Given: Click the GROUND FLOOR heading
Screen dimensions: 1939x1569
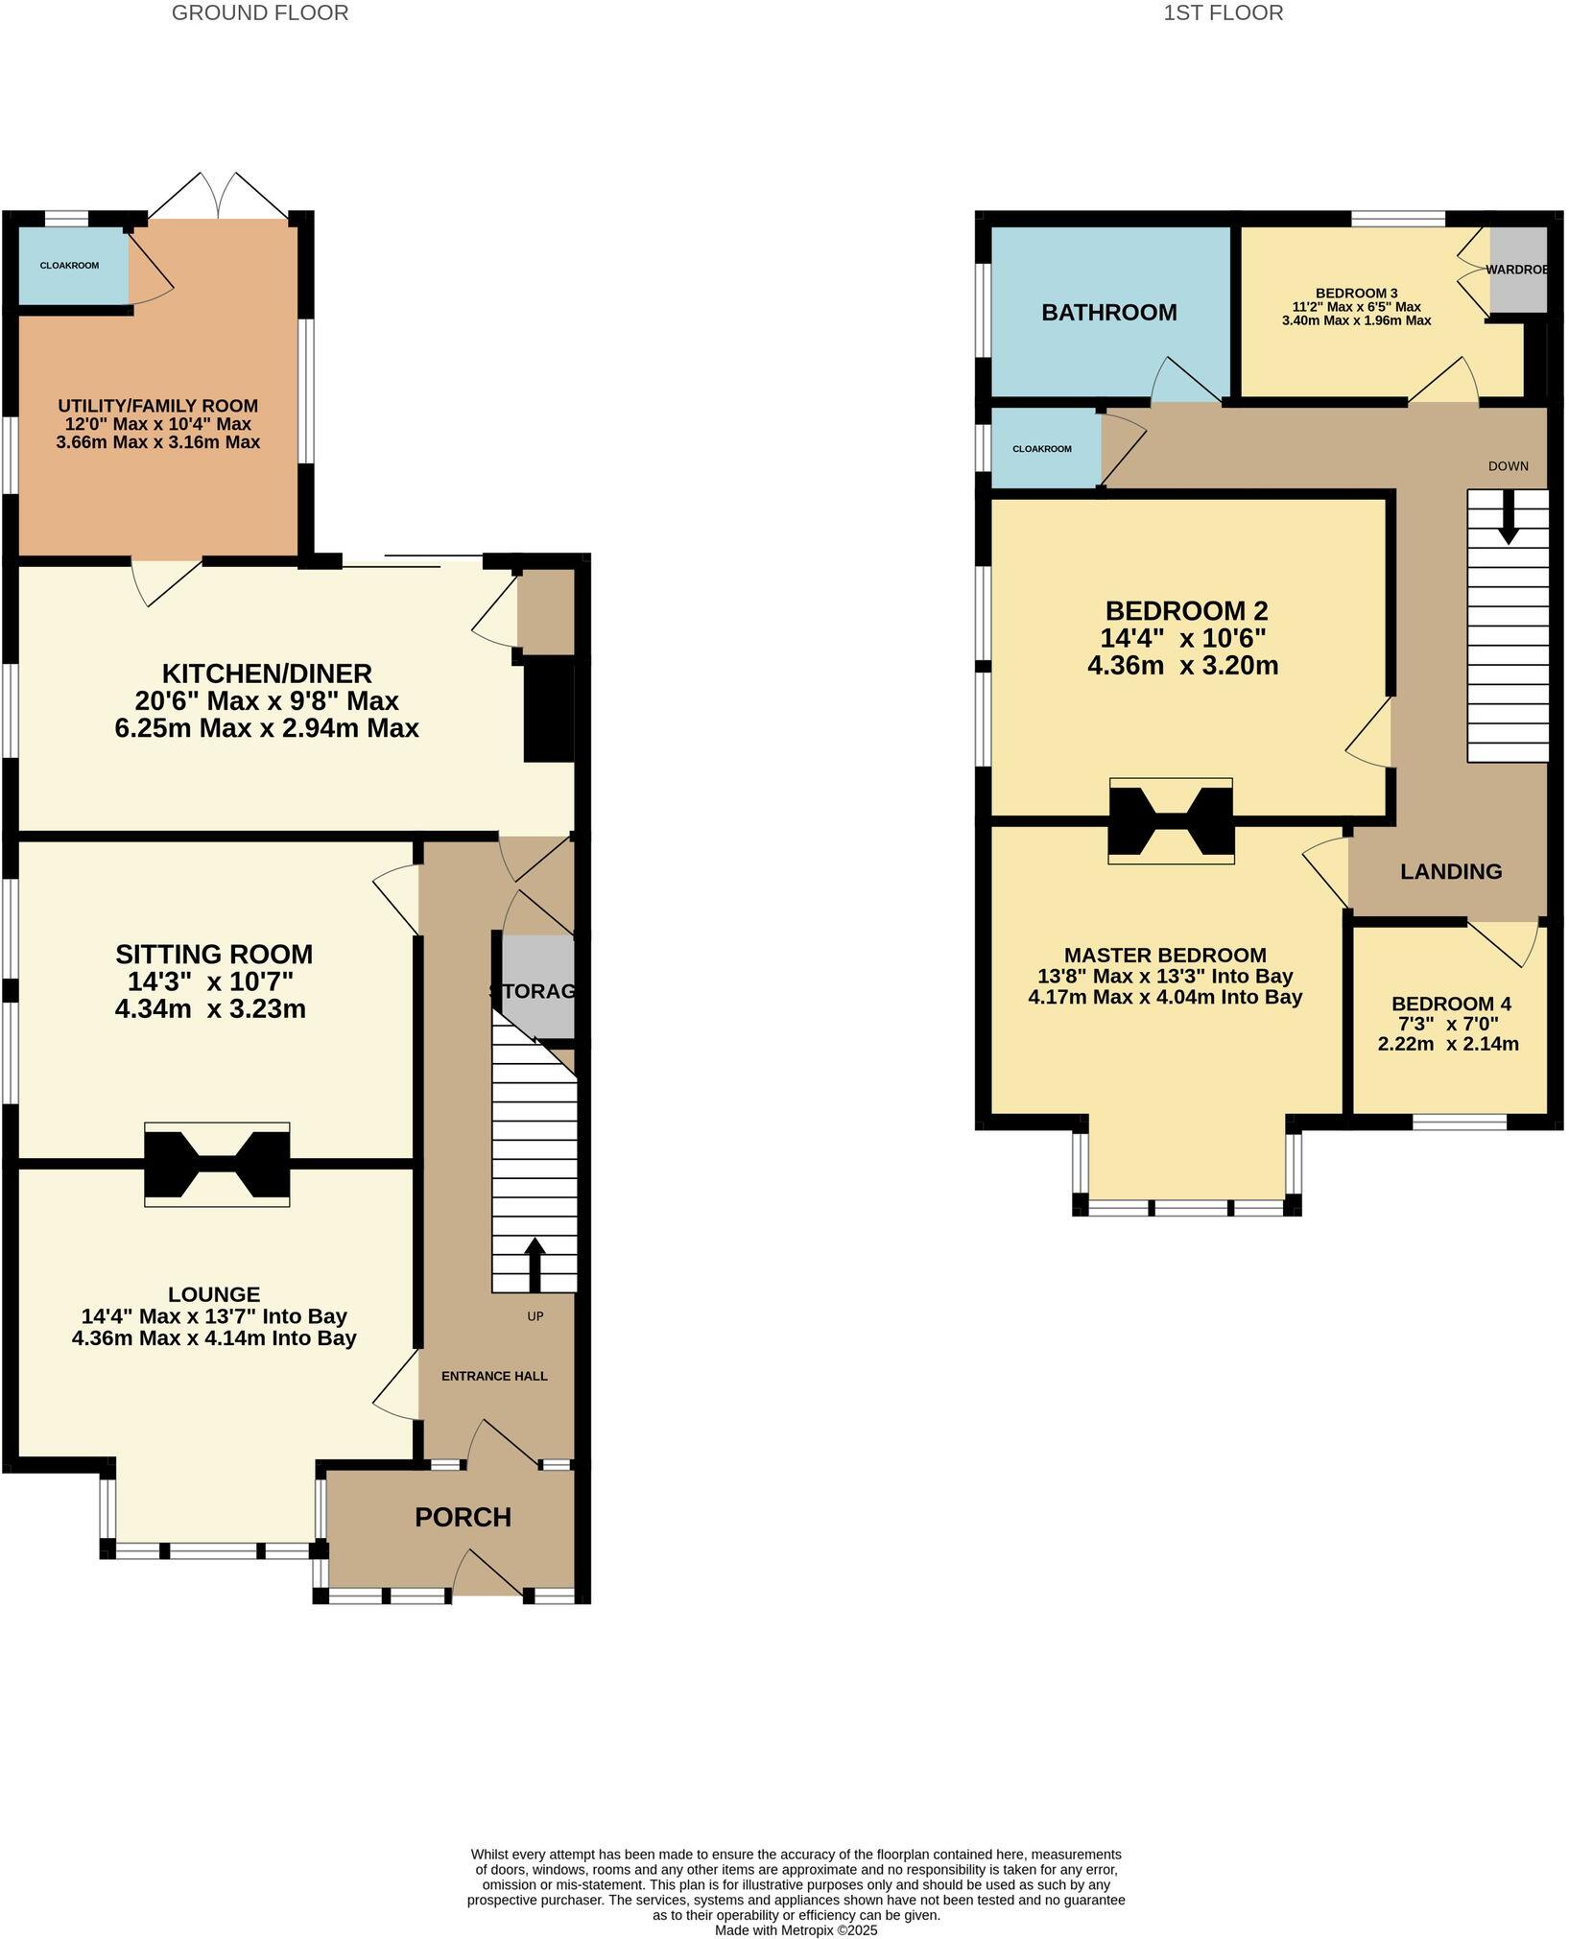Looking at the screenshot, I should [x=260, y=12].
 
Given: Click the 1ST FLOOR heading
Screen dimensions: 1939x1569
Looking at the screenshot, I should [x=1223, y=12].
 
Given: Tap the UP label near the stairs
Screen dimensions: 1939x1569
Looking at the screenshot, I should [x=535, y=1316].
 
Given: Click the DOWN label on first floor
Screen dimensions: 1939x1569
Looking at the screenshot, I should [x=1508, y=466].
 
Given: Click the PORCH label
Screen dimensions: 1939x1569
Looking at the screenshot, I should [x=463, y=1517].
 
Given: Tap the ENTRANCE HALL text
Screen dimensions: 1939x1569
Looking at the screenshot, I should [x=494, y=1376].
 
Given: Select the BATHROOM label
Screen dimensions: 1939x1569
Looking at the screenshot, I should [x=1108, y=312].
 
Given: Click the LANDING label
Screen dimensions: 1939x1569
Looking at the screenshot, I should [x=1450, y=871].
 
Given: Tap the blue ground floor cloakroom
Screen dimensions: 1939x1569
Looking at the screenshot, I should [x=72, y=266].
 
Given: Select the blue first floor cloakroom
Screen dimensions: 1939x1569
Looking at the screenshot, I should [x=1043, y=448].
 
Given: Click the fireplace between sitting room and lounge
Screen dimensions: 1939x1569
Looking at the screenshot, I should [x=217, y=1164].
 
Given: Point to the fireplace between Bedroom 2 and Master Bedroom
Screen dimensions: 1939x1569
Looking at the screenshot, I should [x=1170, y=820].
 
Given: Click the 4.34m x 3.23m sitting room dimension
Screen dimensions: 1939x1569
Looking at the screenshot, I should [x=210, y=1009].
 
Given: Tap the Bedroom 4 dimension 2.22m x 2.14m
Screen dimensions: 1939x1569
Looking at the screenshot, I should [x=1447, y=1044].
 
